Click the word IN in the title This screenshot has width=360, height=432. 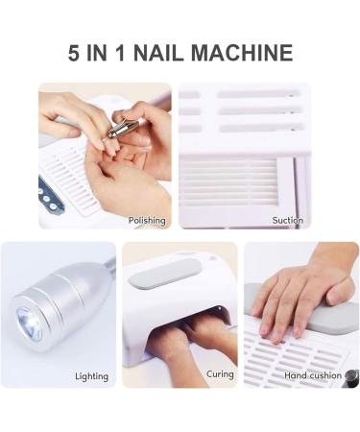tap(108, 52)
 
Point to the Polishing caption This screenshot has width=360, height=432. tap(147, 220)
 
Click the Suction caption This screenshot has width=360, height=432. tap(287, 220)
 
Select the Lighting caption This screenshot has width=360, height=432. tap(91, 376)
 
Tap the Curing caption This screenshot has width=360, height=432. tap(220, 373)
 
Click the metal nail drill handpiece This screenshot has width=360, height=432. tap(122, 124)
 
